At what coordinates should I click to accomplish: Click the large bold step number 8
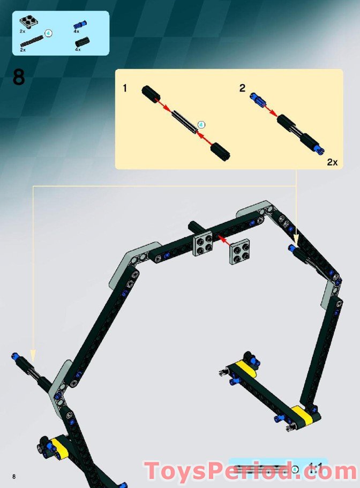18,77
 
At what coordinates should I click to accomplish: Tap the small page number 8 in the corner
16,476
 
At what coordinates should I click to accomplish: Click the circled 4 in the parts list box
48,33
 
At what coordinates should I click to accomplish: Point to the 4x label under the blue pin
77,32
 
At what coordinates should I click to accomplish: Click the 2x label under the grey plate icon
22,32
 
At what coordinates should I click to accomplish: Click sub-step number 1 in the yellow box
125,88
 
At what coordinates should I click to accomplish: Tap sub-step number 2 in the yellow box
242,88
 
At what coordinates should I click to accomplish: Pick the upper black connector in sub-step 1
151,94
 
